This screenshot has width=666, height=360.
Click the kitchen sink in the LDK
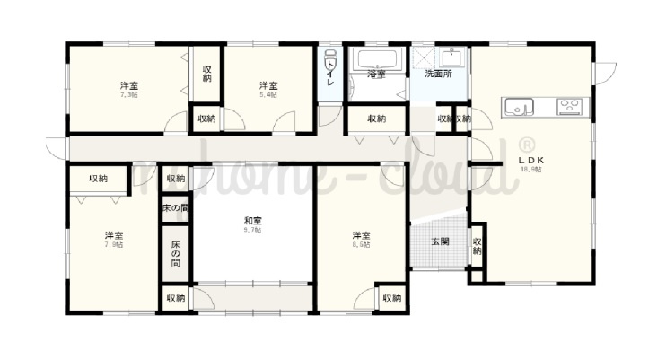(519, 107)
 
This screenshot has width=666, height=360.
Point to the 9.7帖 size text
(252, 230)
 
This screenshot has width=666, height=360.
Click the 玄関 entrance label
(440, 241)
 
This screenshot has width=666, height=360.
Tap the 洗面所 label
(438, 74)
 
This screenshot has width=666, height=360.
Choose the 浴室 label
(376, 75)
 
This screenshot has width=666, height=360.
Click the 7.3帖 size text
(128, 94)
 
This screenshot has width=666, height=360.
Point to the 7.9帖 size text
(113, 244)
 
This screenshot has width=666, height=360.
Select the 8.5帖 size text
(361, 245)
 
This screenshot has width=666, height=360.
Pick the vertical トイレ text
(330, 72)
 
